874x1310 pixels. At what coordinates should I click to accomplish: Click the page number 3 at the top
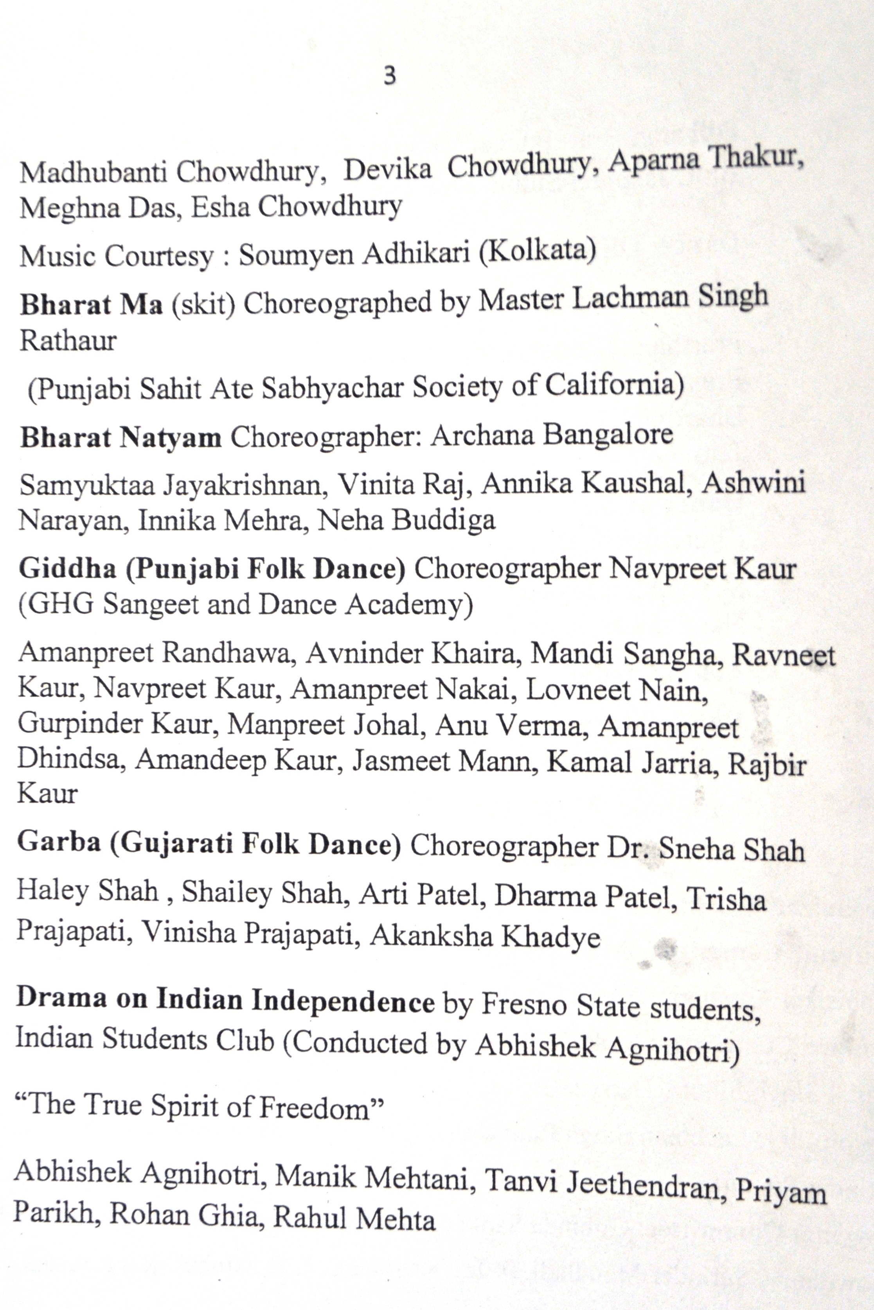[x=390, y=75]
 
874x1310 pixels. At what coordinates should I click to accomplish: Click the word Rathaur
[x=68, y=341]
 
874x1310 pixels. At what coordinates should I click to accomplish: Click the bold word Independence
[x=343, y=1001]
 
